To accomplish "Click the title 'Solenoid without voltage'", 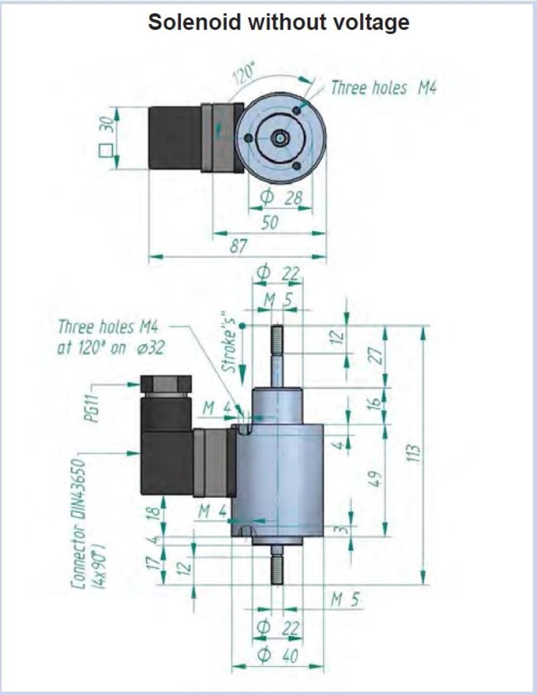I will [x=278, y=22].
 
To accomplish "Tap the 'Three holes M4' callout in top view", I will [x=384, y=88].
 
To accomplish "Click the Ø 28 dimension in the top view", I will [x=281, y=198].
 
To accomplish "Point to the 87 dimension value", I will [x=239, y=246].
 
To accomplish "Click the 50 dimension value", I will [x=269, y=222].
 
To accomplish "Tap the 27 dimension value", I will [x=377, y=355].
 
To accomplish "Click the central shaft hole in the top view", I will [x=279, y=138].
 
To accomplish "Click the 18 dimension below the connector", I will [x=155, y=512].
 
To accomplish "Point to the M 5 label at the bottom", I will [x=345, y=600].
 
